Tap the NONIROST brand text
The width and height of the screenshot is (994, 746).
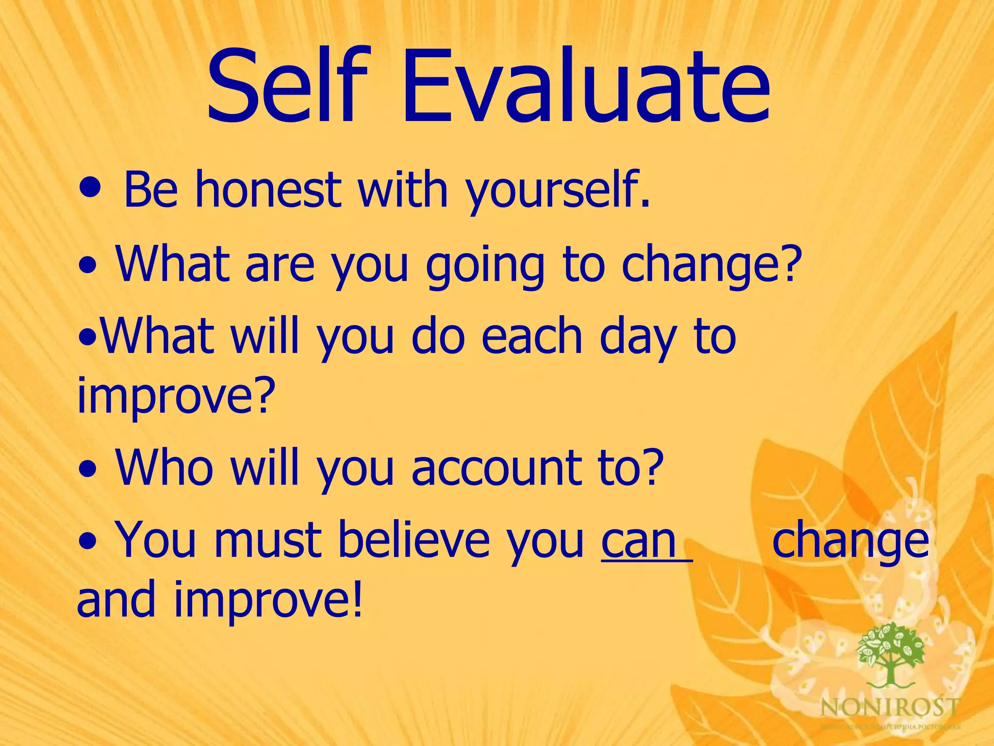pyautogui.click(x=890, y=707)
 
